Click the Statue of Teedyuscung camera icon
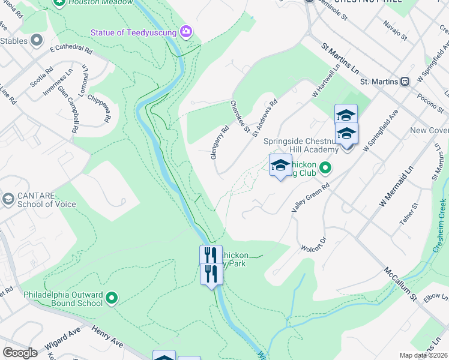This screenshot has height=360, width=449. click(186, 31)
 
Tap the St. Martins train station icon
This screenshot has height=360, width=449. click(405, 81)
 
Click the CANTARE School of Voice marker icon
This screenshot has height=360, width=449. click(8, 198)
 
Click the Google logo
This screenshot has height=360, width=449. click(20, 353)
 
